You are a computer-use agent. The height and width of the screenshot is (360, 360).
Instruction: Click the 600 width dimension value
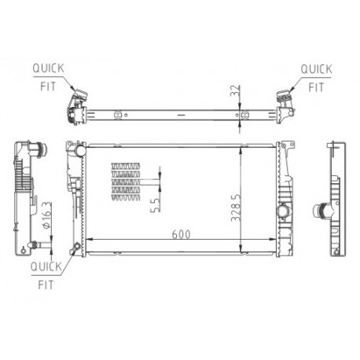(181, 234)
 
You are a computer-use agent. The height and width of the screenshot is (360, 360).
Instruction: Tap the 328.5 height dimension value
(236, 208)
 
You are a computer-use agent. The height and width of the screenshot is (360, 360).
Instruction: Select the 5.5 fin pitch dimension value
(155, 205)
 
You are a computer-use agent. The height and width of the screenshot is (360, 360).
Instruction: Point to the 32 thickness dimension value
(235, 90)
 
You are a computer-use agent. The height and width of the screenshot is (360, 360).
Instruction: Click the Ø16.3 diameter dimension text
(46, 215)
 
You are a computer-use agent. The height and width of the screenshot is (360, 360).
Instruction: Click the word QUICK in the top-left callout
(48, 68)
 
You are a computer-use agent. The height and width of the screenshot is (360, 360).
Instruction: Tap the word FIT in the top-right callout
(316, 87)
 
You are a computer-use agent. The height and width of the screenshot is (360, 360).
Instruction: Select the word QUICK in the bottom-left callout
(46, 266)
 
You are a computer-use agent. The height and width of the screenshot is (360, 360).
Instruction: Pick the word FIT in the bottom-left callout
(46, 285)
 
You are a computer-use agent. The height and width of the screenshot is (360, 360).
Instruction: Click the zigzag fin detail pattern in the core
(126, 182)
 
